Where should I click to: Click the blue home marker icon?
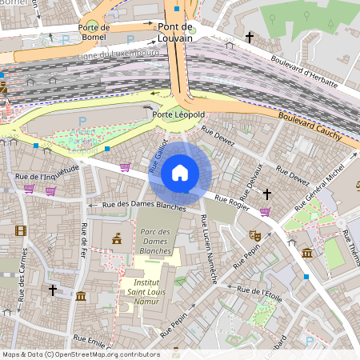180,173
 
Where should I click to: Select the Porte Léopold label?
178,115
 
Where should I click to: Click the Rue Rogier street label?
231,204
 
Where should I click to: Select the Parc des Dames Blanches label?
155,241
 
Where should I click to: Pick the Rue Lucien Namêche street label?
208,249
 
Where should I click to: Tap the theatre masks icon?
256,235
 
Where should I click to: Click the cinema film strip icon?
20,231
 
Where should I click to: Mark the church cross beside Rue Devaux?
267,194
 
